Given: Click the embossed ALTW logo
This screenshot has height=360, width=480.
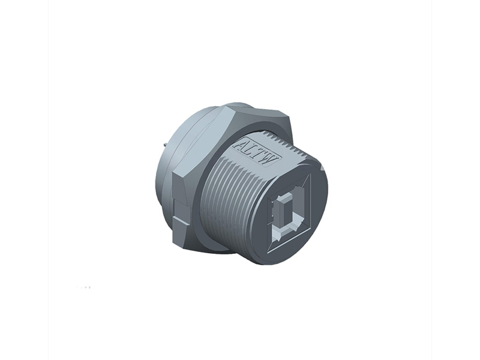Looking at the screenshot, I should pyautogui.click(x=257, y=148).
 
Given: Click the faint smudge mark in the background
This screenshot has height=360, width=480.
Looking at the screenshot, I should pyautogui.click(x=84, y=287).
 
